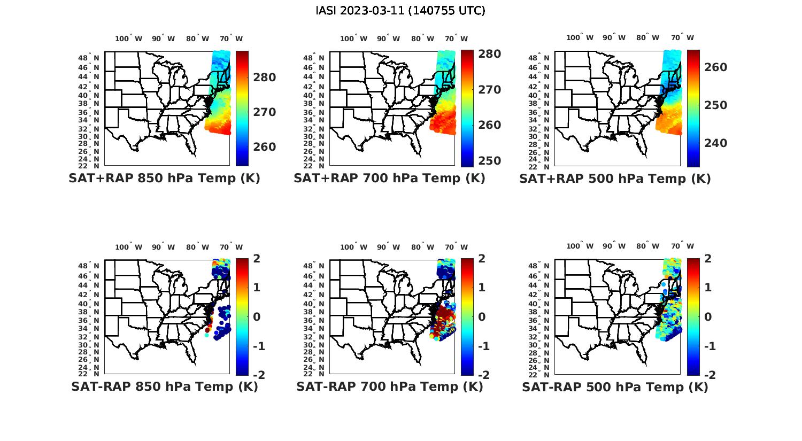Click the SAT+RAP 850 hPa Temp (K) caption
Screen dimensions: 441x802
click(x=164, y=179)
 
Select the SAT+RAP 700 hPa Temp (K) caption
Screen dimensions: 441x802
click(x=389, y=179)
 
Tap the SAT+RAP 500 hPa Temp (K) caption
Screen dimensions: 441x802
click(x=615, y=179)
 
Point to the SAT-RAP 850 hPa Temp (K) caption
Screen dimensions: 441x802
click(x=164, y=386)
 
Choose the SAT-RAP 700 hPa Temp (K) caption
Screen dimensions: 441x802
click(x=389, y=386)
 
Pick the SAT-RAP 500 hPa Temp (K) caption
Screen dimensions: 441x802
click(x=615, y=387)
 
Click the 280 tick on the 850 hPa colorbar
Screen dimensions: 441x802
click(x=265, y=78)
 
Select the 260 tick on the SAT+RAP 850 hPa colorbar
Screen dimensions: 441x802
click(x=265, y=147)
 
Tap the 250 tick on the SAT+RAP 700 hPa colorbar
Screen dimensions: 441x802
click(x=490, y=161)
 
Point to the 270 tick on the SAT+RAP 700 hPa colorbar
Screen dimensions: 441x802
click(x=490, y=90)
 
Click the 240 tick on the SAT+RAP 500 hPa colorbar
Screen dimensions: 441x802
click(x=716, y=143)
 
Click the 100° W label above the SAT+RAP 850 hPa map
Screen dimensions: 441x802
click(x=128, y=38)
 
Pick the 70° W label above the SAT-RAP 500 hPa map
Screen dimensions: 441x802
click(x=683, y=246)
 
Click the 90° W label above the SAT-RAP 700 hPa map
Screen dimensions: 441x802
click(x=388, y=247)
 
